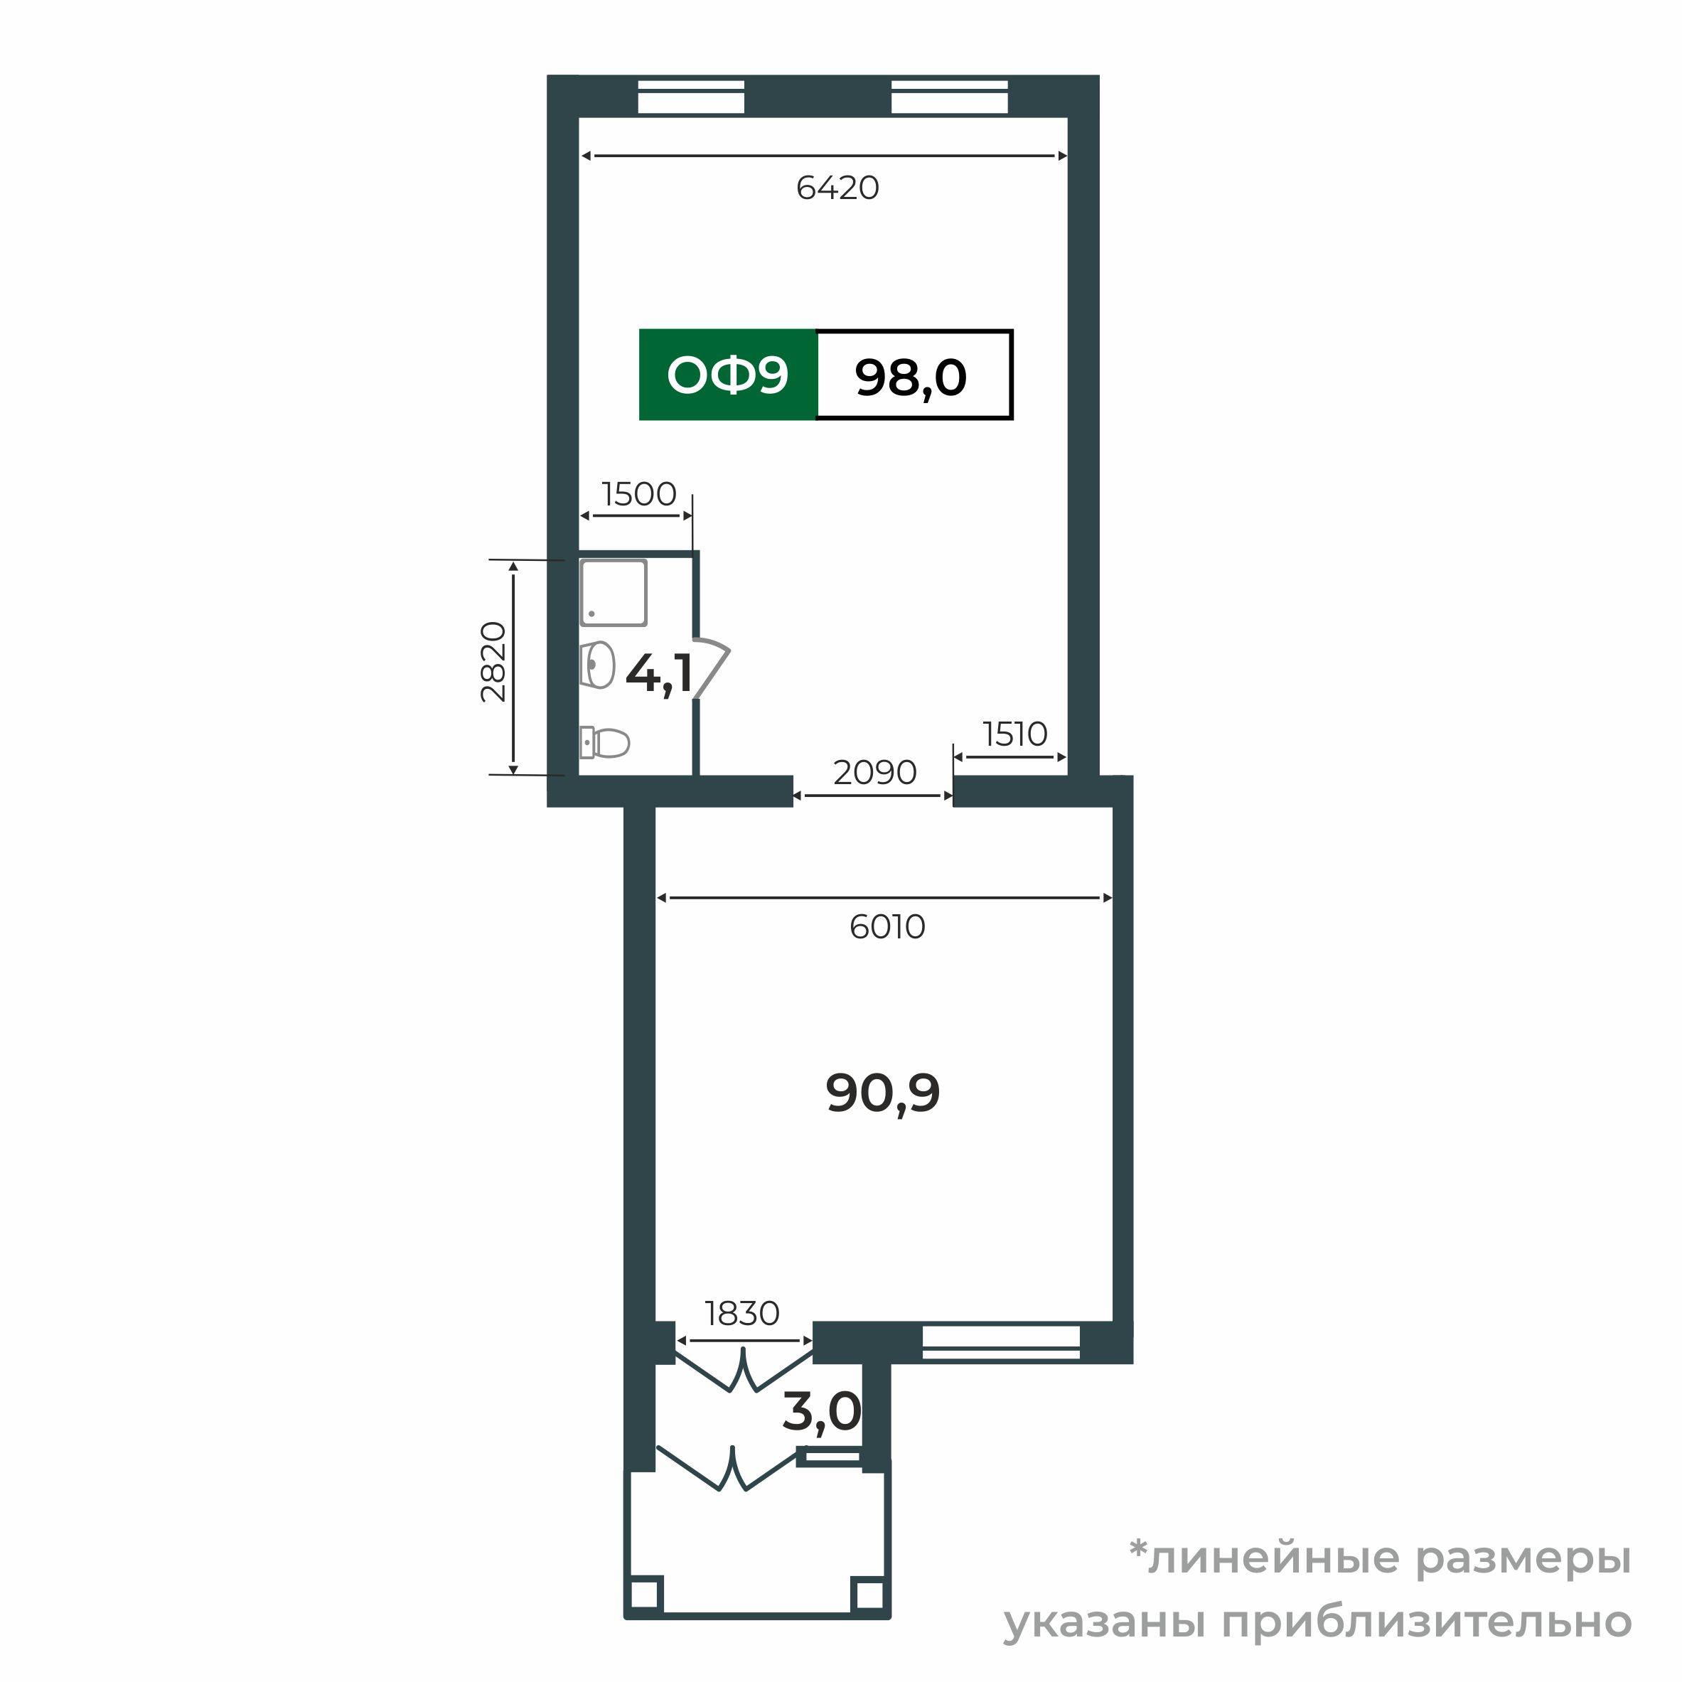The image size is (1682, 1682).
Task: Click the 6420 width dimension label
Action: coord(837,188)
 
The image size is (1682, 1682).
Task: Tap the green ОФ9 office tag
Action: coord(727,375)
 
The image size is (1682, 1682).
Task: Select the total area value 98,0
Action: coord(911,377)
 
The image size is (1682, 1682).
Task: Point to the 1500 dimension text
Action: coord(639,495)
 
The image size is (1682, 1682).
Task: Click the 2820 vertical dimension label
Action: coord(493,662)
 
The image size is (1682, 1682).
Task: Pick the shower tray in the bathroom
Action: coord(614,593)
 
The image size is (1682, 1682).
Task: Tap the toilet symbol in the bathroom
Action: coord(605,743)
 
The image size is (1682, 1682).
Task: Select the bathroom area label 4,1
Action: coord(659,674)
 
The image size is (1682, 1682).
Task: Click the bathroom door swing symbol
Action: coord(713,666)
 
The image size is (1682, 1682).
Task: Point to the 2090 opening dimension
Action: coord(874,772)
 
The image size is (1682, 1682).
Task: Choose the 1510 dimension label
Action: coord(1014,735)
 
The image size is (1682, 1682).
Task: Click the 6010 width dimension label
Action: coord(887,927)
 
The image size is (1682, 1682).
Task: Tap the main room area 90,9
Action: coord(883,1093)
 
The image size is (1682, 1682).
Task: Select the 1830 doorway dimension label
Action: coord(741,1313)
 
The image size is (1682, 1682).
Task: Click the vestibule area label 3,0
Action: coord(821,1411)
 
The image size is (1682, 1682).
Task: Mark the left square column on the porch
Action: coord(645,1594)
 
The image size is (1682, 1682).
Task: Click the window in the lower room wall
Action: coord(1000,1341)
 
